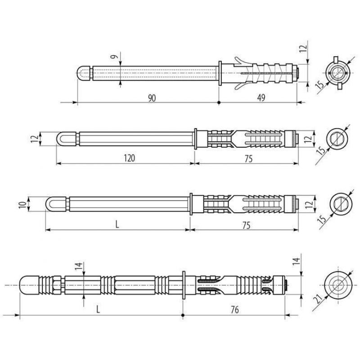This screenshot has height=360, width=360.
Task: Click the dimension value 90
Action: click(x=152, y=98)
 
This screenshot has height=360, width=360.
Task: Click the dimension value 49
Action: click(x=261, y=98)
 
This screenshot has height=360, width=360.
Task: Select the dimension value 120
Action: click(x=130, y=158)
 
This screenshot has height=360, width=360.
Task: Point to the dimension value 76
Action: click(x=234, y=310)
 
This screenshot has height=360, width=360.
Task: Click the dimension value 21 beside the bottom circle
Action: click(x=319, y=299)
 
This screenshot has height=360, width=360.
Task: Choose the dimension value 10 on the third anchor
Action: click(x=23, y=204)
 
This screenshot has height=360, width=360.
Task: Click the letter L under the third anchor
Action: click(x=117, y=225)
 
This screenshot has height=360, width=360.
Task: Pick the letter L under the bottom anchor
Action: click(x=98, y=310)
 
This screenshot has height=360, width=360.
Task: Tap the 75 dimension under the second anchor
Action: click(x=248, y=159)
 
